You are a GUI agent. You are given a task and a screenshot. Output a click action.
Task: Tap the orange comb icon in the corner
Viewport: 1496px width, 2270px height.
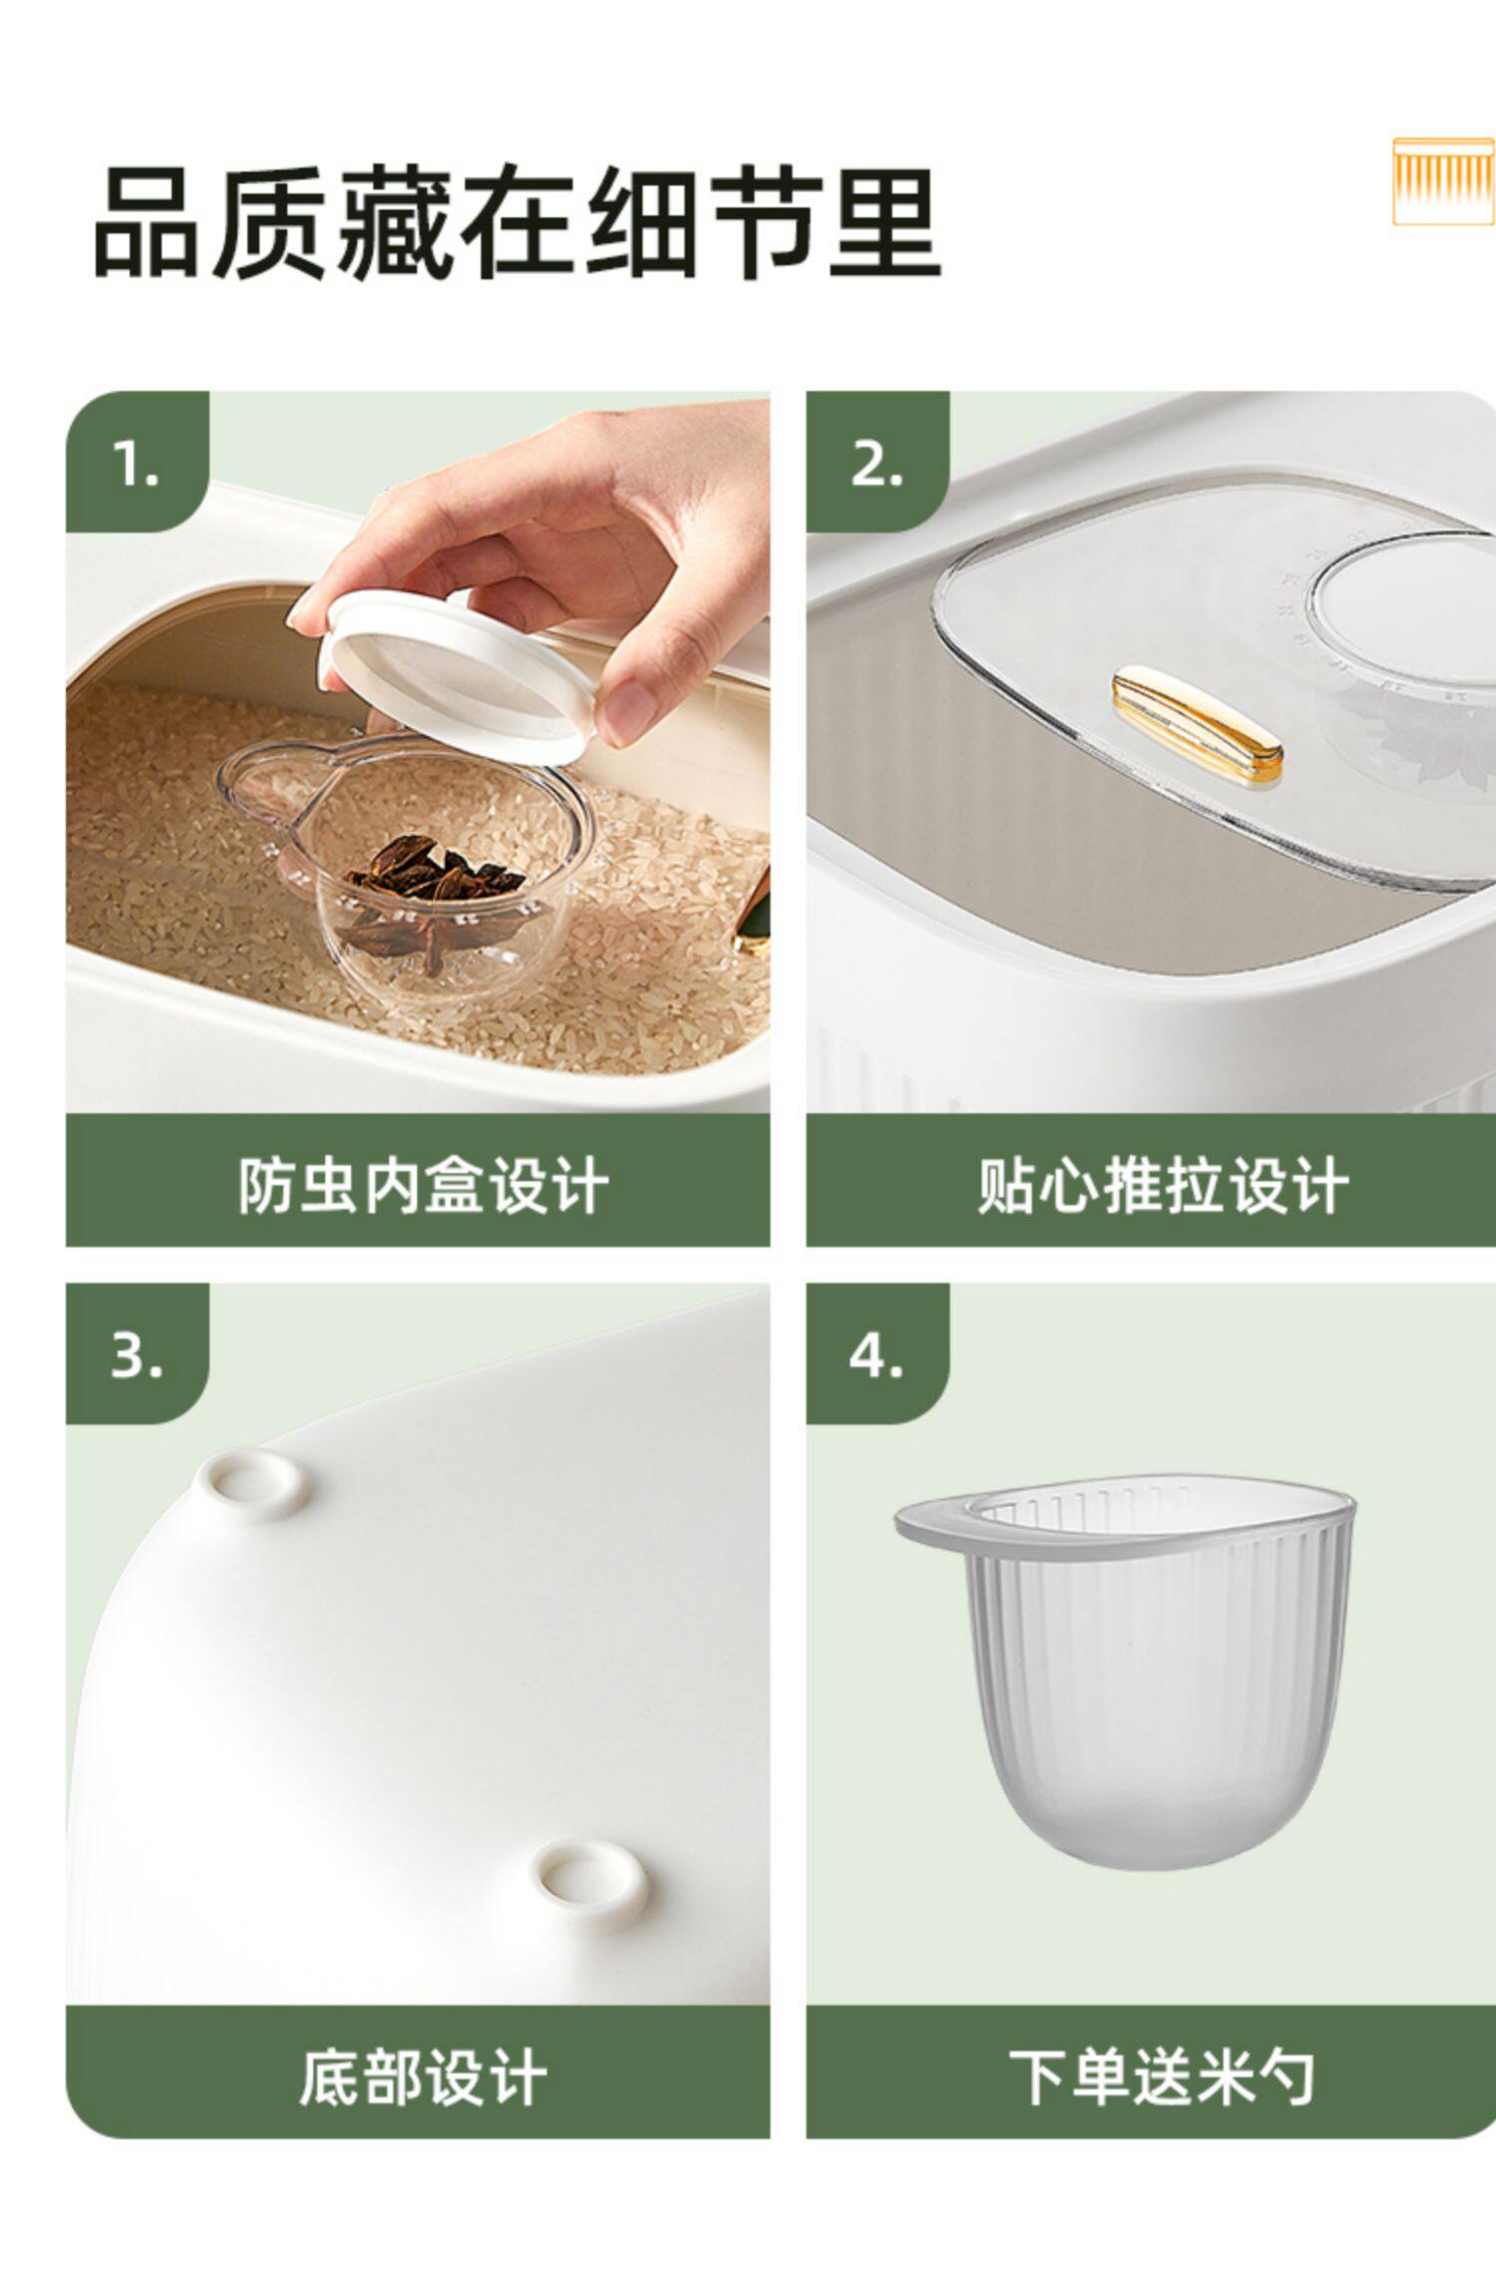coord(1443,182)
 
